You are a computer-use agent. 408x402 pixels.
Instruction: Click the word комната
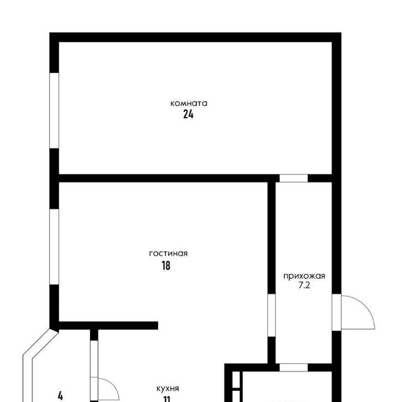click(189, 104)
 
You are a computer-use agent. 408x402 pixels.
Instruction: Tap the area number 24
click(189, 114)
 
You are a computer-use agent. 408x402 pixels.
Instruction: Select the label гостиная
click(168, 254)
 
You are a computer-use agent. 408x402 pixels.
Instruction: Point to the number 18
click(166, 265)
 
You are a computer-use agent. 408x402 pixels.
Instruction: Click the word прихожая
click(304, 276)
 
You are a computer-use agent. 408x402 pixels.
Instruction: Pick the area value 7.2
click(304, 286)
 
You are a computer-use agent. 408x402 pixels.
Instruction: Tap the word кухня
click(168, 389)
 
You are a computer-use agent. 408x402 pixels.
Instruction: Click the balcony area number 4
click(60, 396)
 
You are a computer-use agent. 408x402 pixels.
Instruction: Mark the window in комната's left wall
click(54, 111)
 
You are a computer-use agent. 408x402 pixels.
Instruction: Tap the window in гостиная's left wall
click(54, 246)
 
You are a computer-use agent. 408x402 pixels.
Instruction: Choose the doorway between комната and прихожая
click(294, 178)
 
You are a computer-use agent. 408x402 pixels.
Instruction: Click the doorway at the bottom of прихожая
click(294, 367)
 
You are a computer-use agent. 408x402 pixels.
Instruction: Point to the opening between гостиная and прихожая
click(271, 315)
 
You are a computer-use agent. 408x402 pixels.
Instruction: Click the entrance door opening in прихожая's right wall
click(336, 312)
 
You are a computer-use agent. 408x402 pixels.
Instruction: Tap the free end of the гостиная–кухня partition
click(158, 325)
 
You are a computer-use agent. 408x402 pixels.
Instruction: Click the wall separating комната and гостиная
click(163, 178)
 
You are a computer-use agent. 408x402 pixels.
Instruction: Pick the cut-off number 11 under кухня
click(167, 399)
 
